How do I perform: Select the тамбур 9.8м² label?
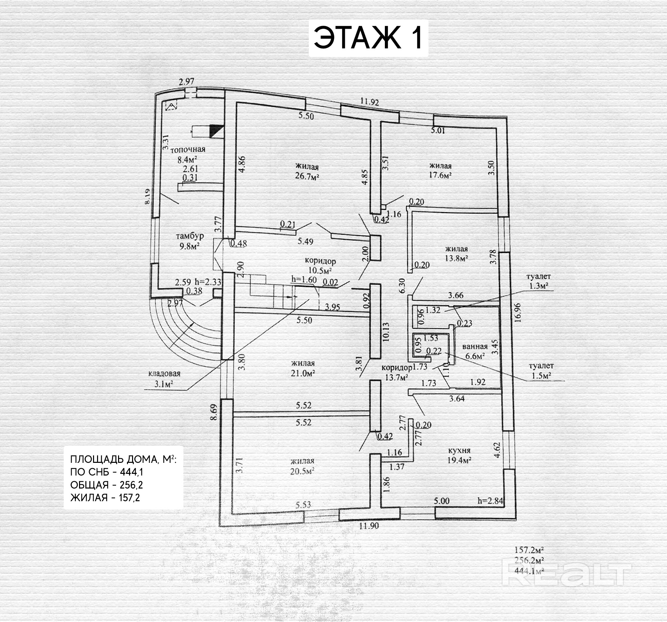[190, 241]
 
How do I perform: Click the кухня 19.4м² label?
[459, 455]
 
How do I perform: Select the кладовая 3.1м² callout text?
[164, 379]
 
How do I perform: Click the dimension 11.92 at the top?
[370, 102]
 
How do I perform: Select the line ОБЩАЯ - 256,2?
[107, 485]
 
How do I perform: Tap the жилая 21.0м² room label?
[303, 368]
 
